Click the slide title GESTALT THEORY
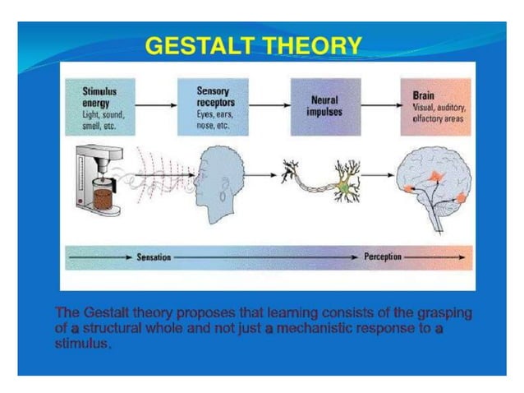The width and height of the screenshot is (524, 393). (x=253, y=46)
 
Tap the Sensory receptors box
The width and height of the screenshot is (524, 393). (x=214, y=107)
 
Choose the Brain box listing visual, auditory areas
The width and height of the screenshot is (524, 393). (x=435, y=107)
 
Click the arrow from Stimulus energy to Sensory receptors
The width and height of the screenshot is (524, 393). (x=155, y=106)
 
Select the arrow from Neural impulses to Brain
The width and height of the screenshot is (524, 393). (x=379, y=106)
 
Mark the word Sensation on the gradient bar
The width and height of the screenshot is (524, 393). (x=154, y=257)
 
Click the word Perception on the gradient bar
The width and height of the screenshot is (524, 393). (x=383, y=257)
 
